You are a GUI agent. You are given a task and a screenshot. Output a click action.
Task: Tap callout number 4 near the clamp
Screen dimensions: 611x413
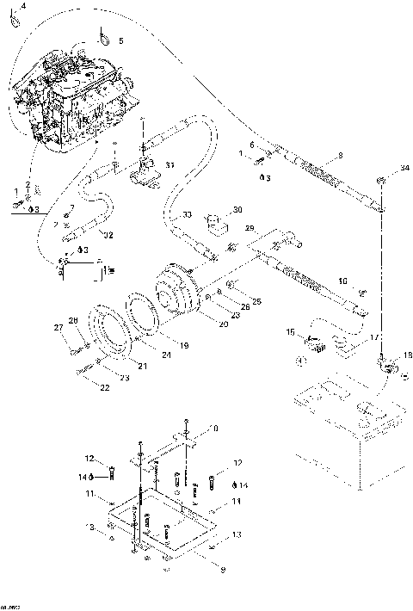pyautogui.click(x=22, y=6)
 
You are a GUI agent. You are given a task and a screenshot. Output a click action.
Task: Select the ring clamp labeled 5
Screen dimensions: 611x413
pyautogui.click(x=104, y=37)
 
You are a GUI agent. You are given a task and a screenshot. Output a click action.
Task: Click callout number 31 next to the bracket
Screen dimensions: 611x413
pyautogui.click(x=170, y=165)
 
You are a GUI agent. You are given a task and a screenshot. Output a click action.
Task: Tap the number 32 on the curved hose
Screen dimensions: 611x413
pyautogui.click(x=107, y=234)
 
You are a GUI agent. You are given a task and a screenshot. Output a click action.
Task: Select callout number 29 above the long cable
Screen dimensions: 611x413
pyautogui.click(x=250, y=228)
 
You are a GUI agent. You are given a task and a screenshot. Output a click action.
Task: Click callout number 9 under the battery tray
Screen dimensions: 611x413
pyautogui.click(x=201, y=568)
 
